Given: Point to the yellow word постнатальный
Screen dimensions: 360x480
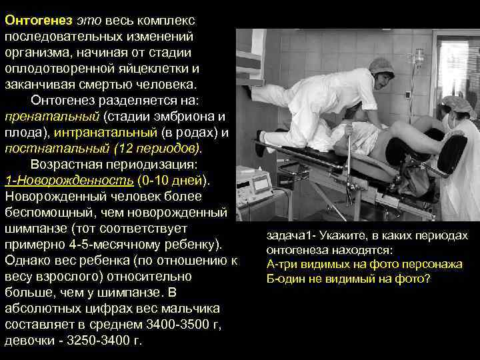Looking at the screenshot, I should pyautogui.click(x=45, y=149).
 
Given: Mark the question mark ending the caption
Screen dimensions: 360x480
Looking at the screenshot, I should pyautogui.click(x=428, y=278).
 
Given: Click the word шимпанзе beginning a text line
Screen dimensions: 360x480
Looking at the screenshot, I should pyautogui.click(x=31, y=229).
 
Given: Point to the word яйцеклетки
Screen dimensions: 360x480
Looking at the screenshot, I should pyautogui.click(x=156, y=69).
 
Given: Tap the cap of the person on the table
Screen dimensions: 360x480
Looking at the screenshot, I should pyautogui.click(x=381, y=65).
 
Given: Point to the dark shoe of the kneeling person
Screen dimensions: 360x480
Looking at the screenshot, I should pyautogui.click(x=261, y=144).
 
